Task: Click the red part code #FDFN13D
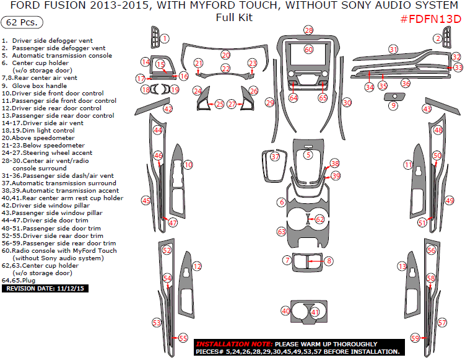(x=430, y=19)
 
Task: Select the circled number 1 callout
(x=165, y=38)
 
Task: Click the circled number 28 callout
(x=308, y=30)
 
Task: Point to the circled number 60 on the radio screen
(x=308, y=49)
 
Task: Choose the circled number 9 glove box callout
(x=393, y=106)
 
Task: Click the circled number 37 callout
(x=276, y=157)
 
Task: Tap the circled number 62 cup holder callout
(x=319, y=219)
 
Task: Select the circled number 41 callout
(x=315, y=312)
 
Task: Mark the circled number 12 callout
(x=197, y=266)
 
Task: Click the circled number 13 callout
(x=402, y=266)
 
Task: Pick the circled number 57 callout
(x=441, y=323)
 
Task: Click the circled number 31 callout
(x=393, y=49)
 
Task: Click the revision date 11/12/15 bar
(x=46, y=288)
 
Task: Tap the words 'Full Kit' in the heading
(x=234, y=17)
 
